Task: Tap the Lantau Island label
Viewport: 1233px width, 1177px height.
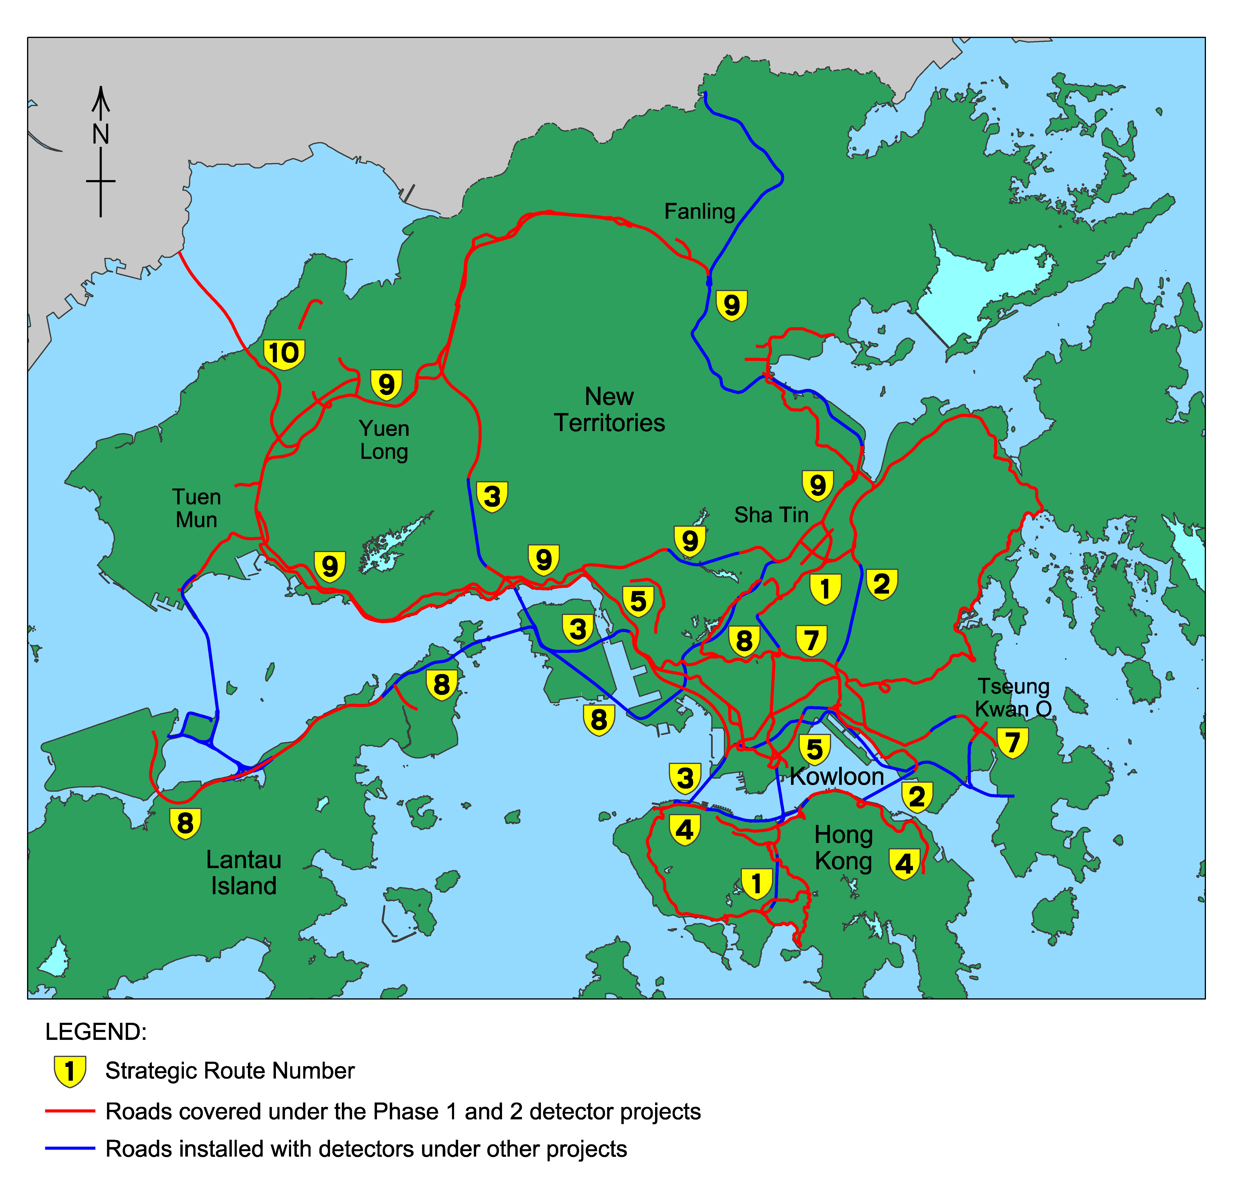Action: pos(243,873)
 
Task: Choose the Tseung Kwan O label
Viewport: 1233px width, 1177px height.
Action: pos(1013,698)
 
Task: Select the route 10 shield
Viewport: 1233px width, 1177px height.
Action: pos(284,354)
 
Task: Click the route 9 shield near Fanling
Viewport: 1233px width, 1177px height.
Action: pos(732,306)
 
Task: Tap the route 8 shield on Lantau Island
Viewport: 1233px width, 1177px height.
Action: pos(185,823)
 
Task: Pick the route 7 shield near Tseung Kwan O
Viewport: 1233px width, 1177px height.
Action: pos(1012,743)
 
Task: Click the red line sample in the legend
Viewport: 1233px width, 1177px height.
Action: pos(70,1111)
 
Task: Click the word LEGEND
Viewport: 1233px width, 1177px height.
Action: pos(95,1032)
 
